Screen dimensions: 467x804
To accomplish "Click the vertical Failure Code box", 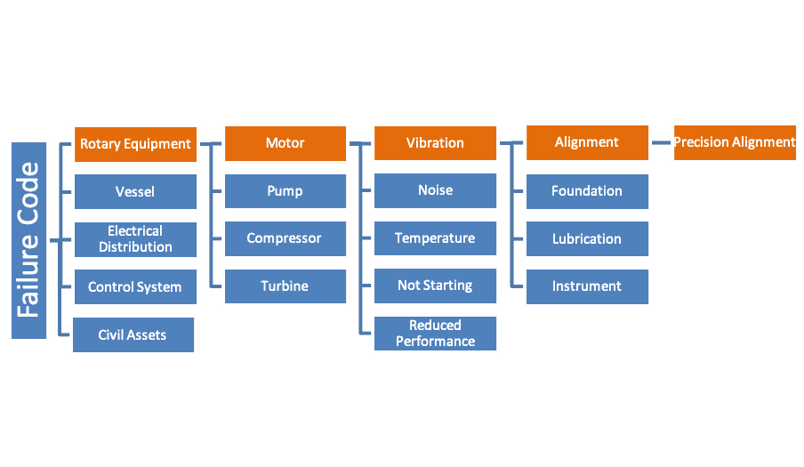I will (28, 240).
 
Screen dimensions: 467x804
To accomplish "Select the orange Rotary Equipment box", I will (135, 143).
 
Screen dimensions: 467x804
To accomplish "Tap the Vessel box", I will (135, 191).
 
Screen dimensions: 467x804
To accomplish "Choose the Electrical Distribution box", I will (135, 239).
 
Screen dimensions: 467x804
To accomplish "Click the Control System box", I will (135, 287).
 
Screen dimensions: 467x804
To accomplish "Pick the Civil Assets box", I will (133, 335).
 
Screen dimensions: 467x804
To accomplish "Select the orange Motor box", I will (285, 143).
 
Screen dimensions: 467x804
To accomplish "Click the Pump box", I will (285, 191).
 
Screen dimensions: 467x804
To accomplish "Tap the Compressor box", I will (285, 238).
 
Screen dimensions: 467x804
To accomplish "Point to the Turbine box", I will (285, 286).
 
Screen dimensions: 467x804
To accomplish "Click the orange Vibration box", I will (435, 143).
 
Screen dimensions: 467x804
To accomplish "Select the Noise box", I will (435, 190).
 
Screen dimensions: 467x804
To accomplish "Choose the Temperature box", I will (435, 238).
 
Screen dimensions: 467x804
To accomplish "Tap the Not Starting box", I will (435, 286).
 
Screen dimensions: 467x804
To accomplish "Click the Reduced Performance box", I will (435, 333).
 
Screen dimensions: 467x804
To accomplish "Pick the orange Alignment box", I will (587, 142).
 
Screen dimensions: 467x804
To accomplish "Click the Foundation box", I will (587, 191).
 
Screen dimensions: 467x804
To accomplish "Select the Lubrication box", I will (587, 238).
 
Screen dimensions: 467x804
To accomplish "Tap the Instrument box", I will (587, 286).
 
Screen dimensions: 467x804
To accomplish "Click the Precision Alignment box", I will (734, 142).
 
